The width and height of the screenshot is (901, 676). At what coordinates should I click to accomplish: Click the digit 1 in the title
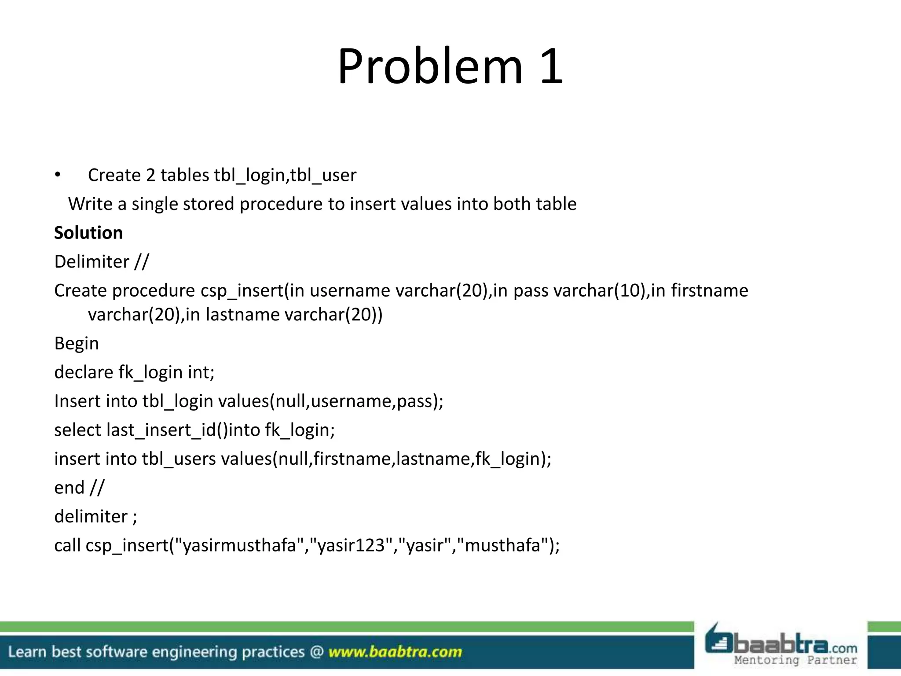(x=551, y=67)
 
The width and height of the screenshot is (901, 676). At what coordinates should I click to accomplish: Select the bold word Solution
(x=88, y=233)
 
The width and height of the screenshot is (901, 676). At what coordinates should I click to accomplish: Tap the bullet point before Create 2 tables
(x=58, y=175)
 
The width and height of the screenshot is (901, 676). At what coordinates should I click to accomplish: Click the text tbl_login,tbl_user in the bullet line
(x=285, y=175)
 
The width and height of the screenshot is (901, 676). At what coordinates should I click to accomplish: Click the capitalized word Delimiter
(x=92, y=262)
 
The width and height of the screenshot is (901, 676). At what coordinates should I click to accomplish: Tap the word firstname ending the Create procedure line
(x=709, y=291)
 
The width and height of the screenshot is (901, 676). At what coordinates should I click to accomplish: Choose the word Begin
(x=77, y=344)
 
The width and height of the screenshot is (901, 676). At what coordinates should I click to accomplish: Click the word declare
(x=84, y=372)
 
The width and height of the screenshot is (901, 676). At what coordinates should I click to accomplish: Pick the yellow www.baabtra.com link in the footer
(x=395, y=652)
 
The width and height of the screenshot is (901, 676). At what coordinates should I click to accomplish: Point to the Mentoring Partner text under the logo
(x=795, y=660)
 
